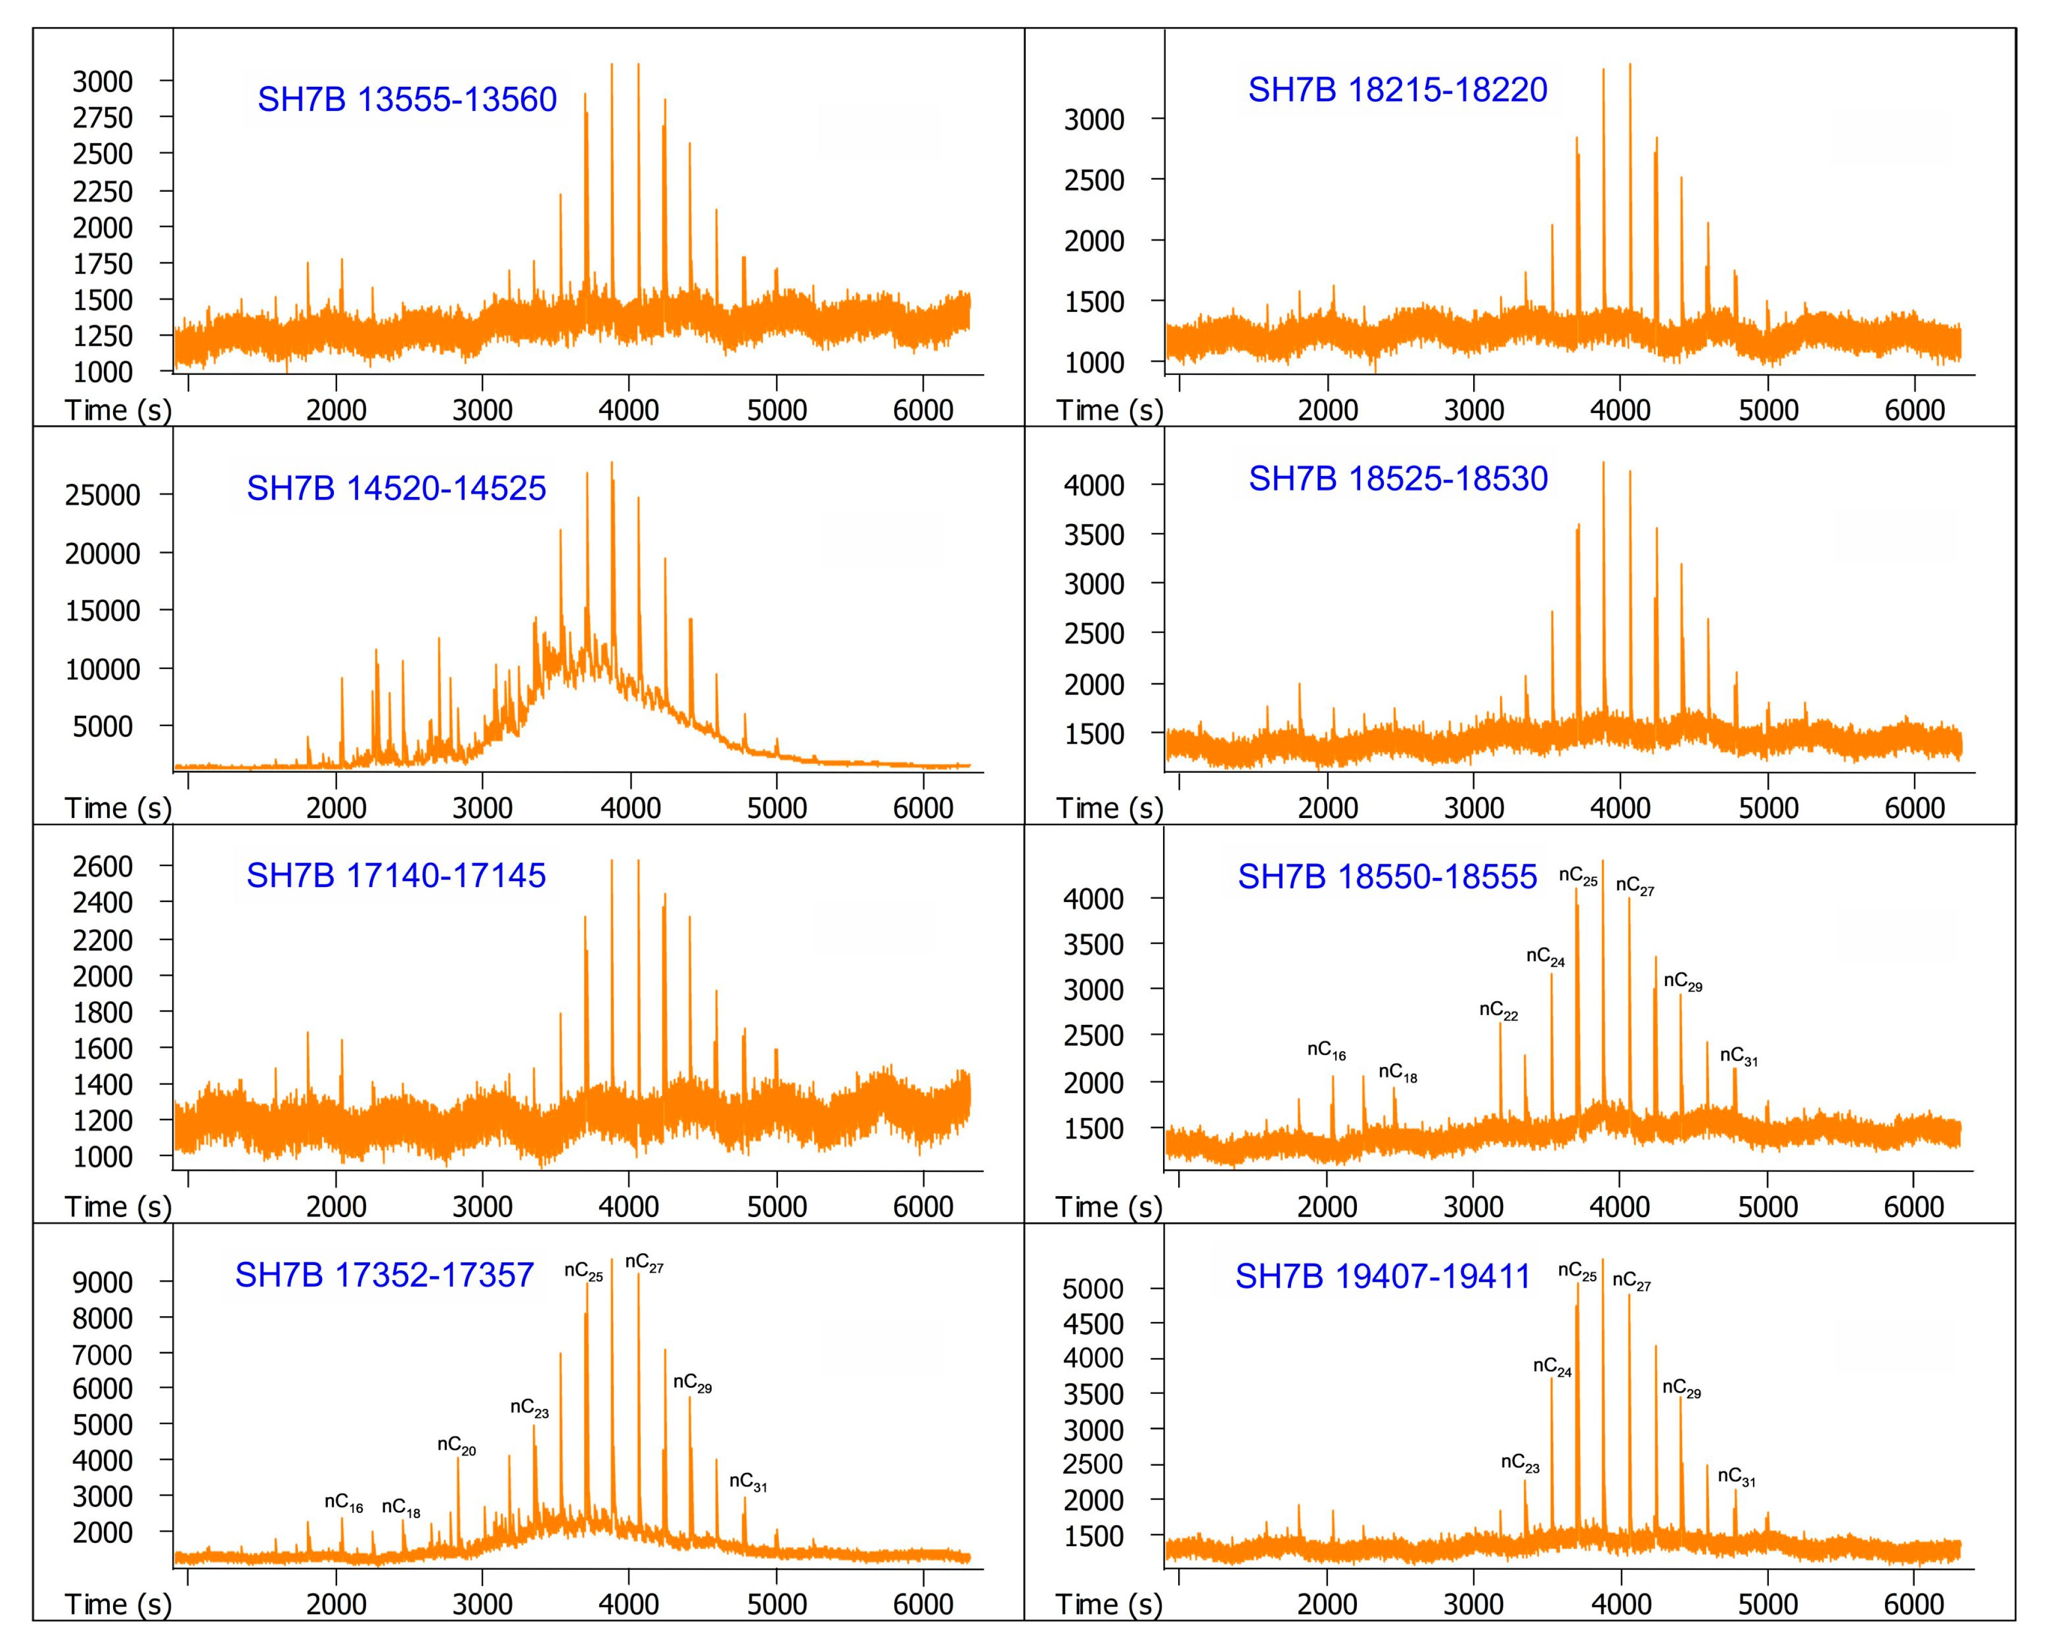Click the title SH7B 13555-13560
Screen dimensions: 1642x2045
coord(407,100)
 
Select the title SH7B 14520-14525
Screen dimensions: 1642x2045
coord(396,488)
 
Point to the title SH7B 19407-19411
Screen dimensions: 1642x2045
coord(1382,1277)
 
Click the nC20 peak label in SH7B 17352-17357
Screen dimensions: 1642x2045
coord(456,1445)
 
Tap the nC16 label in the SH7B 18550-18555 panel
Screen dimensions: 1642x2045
coord(1326,1050)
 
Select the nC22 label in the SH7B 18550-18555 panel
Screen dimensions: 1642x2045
coord(1498,1010)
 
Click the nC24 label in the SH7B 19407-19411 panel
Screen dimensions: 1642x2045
coord(1552,1367)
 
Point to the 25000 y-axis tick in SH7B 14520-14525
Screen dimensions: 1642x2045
coord(102,495)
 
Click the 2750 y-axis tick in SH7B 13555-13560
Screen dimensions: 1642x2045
coord(102,117)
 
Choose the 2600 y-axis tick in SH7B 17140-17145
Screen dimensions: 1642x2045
coord(102,866)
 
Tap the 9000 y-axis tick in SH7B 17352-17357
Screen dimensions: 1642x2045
coord(102,1282)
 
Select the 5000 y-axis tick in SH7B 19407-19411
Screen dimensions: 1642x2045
coord(1092,1289)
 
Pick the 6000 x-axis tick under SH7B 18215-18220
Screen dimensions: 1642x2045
coord(1914,411)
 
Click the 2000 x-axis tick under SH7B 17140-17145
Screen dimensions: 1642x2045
coord(336,1207)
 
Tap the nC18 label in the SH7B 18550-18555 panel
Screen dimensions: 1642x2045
coord(1397,1073)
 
